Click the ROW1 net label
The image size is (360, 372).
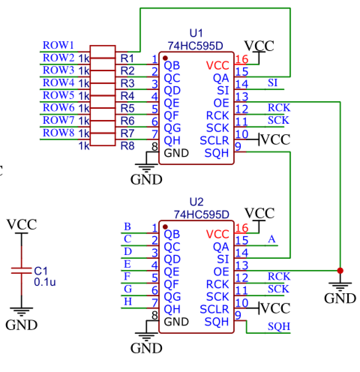point(58,45)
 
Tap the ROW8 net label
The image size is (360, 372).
point(58,133)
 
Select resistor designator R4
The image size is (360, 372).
point(127,96)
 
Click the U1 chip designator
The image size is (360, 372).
point(196,33)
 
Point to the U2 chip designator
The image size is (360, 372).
point(196,202)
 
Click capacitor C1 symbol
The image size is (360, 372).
point(21,271)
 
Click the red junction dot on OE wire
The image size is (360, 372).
point(340,270)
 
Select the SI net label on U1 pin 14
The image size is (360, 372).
point(273,83)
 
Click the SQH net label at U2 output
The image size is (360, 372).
point(279,326)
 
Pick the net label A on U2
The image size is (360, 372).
point(272,239)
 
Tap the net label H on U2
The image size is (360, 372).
point(128,301)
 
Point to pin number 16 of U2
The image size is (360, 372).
point(242,228)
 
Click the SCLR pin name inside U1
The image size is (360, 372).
point(214,141)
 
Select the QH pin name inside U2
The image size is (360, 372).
point(172,309)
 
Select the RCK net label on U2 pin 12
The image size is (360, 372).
point(279,276)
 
